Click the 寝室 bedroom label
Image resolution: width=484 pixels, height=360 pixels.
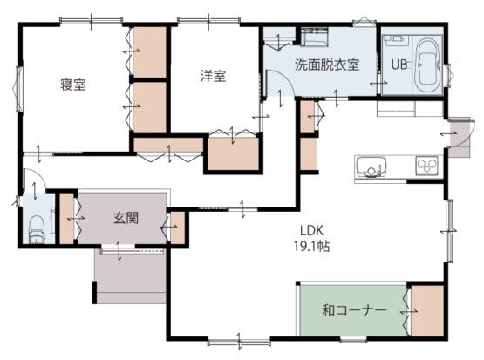tap(73, 85)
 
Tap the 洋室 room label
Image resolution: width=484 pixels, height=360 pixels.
tap(213, 76)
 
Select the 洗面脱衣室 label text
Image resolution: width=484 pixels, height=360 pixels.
tap(327, 65)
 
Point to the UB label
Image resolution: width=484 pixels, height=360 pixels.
tap(399, 65)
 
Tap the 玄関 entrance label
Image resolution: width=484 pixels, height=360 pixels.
tap(126, 218)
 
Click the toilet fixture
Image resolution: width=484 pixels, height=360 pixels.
tap(37, 229)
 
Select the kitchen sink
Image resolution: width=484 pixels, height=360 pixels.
tap(372, 166)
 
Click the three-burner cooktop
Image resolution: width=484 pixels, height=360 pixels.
tap(426, 166)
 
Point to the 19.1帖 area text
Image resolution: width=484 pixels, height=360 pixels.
tap(311, 246)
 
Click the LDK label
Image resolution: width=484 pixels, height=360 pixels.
tap(311, 230)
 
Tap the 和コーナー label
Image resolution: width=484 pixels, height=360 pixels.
tap(354, 310)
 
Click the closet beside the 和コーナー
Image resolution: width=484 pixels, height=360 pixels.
tap(427, 310)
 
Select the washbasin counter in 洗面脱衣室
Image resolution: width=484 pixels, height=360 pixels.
tap(314, 37)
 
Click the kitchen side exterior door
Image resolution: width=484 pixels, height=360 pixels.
tap(460, 136)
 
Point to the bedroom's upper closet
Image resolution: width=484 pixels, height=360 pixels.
tap(150, 51)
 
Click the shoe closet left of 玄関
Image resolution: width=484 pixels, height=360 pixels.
tap(66, 218)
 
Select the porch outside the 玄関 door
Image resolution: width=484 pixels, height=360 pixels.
tap(131, 276)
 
